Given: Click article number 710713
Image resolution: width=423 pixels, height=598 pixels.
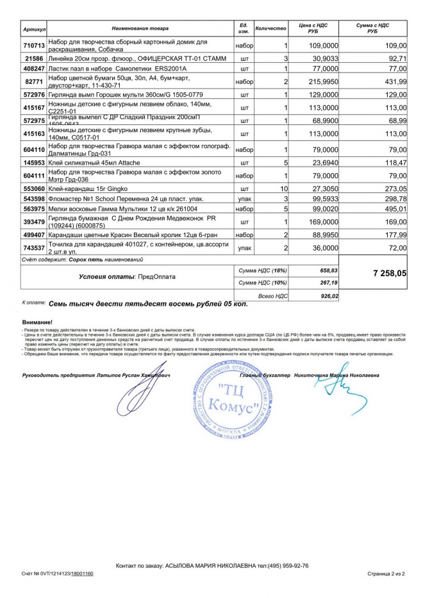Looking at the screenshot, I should click(33, 46).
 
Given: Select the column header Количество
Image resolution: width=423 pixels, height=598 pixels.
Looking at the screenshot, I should click(271, 29).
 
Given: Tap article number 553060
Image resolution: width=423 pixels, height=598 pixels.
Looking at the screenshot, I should click(33, 190).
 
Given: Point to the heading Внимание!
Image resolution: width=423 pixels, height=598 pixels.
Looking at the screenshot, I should click(37, 322).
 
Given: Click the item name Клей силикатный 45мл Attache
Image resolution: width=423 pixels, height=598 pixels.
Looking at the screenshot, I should click(90, 163).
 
